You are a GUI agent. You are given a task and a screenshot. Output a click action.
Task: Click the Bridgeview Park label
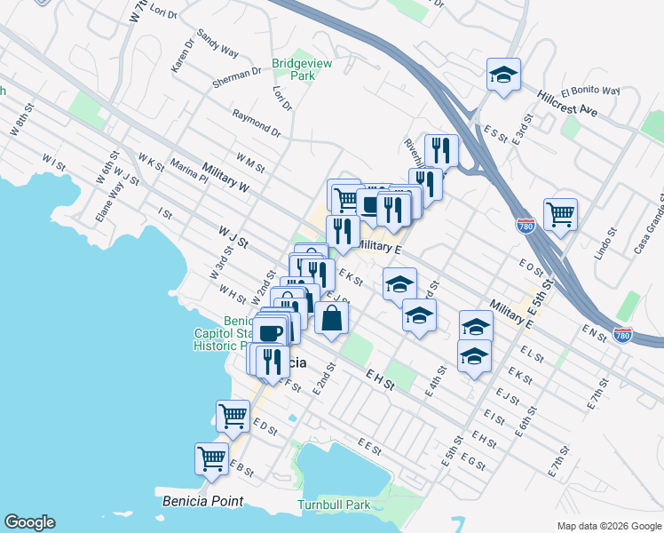pos(294,70)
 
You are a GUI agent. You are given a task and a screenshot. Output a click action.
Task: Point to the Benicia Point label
pos(202,501)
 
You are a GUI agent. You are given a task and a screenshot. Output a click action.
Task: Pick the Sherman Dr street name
pos(237,78)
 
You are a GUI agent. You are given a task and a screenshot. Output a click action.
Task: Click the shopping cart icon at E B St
pos(211,458)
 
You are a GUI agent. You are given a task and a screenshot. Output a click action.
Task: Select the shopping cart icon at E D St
pos(233,415)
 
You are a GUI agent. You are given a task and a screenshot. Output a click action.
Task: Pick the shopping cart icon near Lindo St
pos(560,214)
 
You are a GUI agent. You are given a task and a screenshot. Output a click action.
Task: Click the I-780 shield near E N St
pos(624,334)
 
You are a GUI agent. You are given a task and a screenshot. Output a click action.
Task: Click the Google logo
pos(29,522)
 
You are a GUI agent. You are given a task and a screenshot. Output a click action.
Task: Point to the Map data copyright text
pos(609,526)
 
